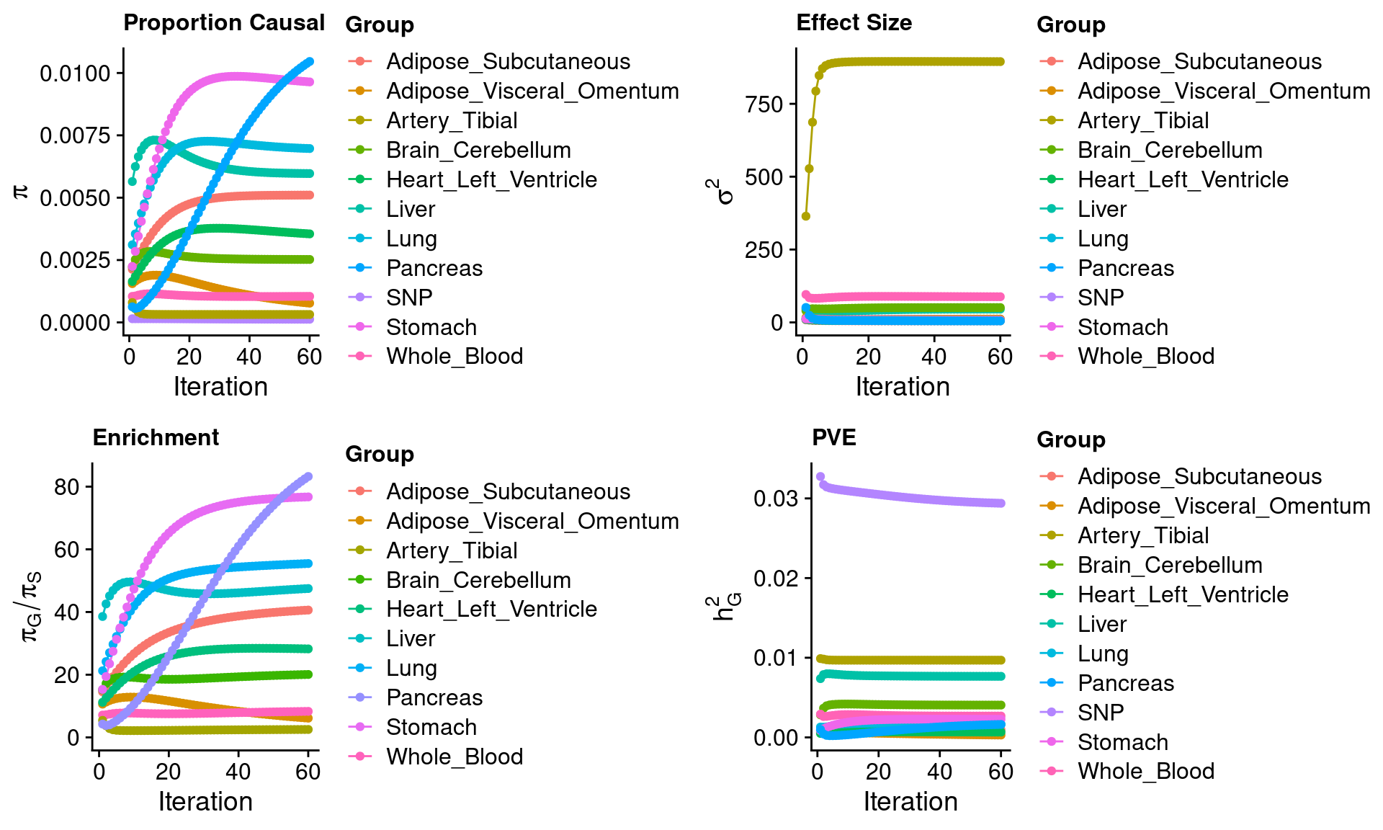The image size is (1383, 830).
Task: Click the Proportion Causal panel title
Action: tap(224, 23)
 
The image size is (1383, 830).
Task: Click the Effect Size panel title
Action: tap(854, 23)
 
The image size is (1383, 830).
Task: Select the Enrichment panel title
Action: tap(156, 438)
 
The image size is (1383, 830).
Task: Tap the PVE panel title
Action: tap(833, 438)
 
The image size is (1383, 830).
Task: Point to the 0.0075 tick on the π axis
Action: tap(75, 135)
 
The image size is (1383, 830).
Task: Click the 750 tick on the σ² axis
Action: tap(764, 104)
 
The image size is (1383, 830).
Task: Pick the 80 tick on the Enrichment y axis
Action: tap(66, 487)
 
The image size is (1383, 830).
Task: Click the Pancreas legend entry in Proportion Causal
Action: tap(434, 268)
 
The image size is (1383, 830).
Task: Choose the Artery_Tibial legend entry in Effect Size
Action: tap(1142, 120)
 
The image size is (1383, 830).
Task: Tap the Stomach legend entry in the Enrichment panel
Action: tap(431, 727)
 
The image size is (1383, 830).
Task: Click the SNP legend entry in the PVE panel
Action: tap(1100, 713)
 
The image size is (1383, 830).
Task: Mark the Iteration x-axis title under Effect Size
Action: tap(903, 387)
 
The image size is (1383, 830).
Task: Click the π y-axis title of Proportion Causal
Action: tap(21, 191)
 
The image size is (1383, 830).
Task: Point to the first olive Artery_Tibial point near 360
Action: tap(806, 216)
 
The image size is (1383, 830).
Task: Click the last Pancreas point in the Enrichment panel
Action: tap(308, 477)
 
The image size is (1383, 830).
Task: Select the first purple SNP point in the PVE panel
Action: tap(820, 477)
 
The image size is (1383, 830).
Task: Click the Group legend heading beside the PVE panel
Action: tap(1070, 439)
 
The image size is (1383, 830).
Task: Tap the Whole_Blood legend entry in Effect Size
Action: tap(1145, 356)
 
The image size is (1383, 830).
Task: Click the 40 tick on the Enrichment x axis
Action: tap(238, 772)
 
